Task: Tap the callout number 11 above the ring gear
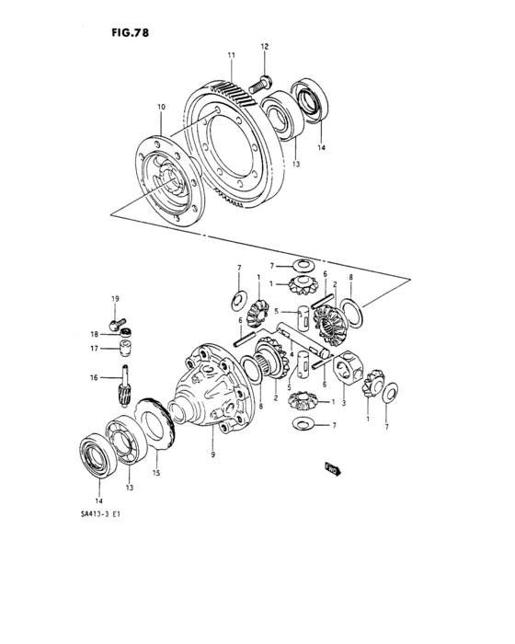[233, 57]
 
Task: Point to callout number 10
[161, 108]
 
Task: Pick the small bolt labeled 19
[116, 325]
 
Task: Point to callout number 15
[155, 475]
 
